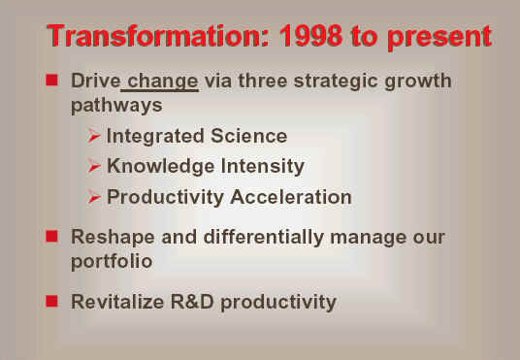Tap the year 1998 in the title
click(310, 36)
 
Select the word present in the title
click(439, 38)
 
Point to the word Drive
click(95, 81)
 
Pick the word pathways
click(116, 106)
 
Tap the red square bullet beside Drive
click(51, 80)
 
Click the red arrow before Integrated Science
click(94, 136)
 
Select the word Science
click(248, 136)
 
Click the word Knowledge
click(160, 166)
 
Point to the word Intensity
click(263, 166)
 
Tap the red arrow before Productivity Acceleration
click(94, 197)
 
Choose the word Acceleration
click(291, 197)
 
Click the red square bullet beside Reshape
click(51, 237)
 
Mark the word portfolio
click(112, 262)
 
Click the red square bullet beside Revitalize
click(51, 302)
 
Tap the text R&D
click(192, 302)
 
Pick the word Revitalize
click(117, 302)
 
